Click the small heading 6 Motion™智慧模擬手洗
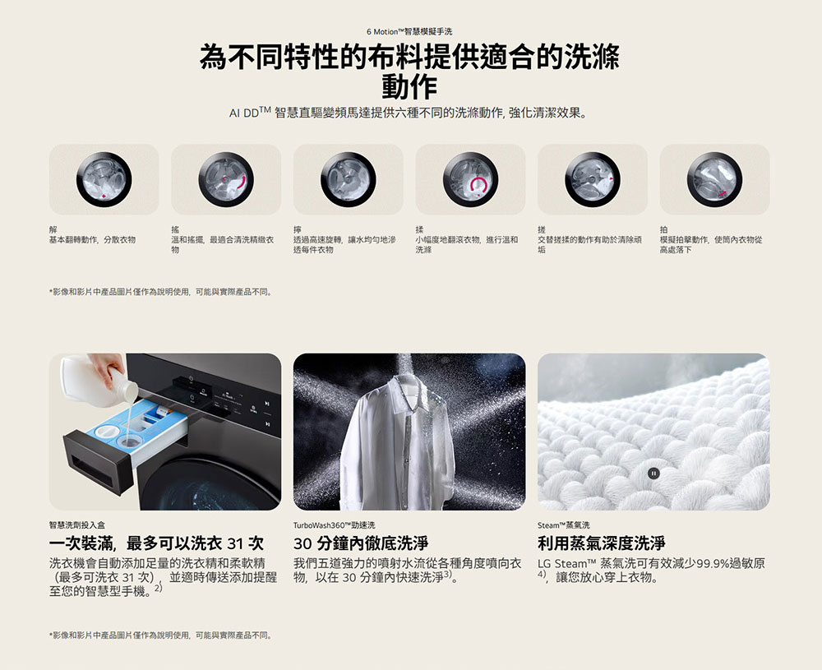(x=409, y=31)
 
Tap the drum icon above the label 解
(x=104, y=180)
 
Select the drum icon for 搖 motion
(x=226, y=180)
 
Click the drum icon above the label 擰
(x=348, y=180)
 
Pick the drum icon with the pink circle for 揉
(x=470, y=180)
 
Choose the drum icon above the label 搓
(x=593, y=180)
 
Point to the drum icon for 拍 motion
(x=714, y=180)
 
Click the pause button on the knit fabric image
(x=653, y=474)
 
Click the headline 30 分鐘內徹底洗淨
(x=361, y=543)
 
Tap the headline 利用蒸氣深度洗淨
(x=602, y=543)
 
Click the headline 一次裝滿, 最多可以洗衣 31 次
(x=156, y=543)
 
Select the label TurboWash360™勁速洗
(x=334, y=525)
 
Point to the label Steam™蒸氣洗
(x=564, y=525)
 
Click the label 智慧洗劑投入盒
(x=77, y=525)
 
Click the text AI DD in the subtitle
(x=244, y=113)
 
